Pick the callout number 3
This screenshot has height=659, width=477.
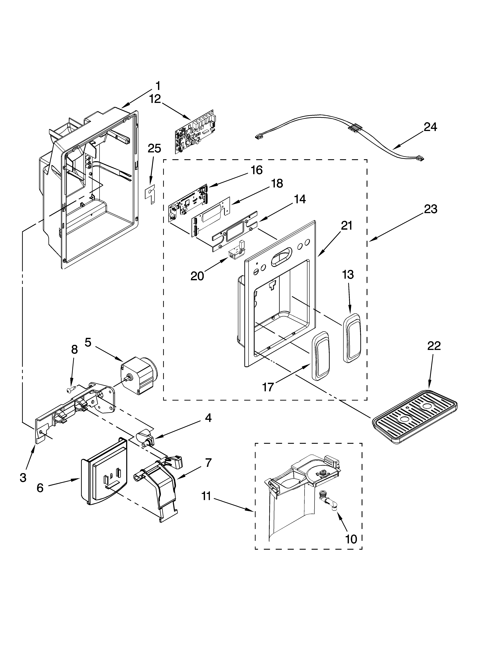pos(23,477)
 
